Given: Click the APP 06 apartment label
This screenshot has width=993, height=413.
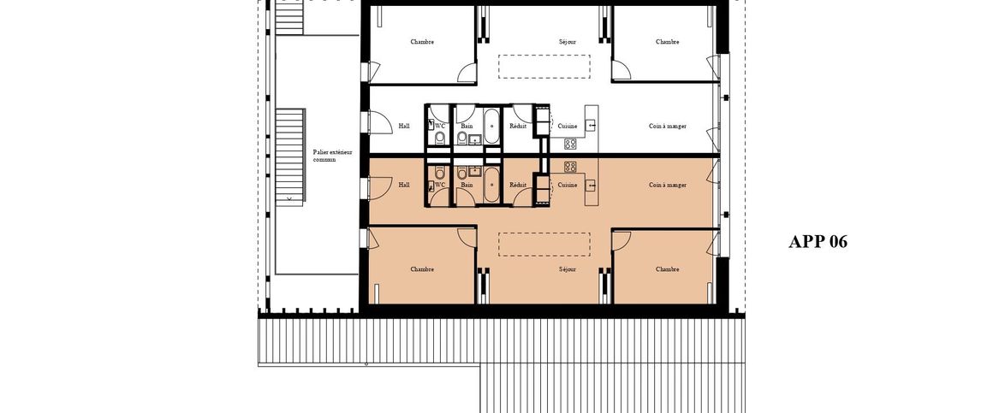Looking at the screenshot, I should click(818, 242).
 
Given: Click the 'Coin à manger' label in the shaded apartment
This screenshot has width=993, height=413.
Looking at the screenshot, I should click(668, 185).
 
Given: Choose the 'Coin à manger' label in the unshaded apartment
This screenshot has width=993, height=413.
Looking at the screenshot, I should click(668, 127).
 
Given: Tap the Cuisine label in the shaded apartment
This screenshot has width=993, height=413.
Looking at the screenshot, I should click(568, 185).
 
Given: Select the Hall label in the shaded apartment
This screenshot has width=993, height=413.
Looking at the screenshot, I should click(404, 185).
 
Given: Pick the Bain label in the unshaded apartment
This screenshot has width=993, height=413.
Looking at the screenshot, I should click(467, 127).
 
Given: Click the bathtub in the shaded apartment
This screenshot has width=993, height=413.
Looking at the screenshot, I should click(491, 183).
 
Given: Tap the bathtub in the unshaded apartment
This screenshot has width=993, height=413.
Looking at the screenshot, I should click(491, 127).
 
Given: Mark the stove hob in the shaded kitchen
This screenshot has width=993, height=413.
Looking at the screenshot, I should click(570, 166).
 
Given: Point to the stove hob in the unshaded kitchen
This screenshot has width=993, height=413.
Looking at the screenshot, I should click(570, 145).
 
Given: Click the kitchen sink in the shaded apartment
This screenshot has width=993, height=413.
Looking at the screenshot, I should click(592, 184).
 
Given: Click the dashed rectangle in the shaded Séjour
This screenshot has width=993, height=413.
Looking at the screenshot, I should click(544, 244).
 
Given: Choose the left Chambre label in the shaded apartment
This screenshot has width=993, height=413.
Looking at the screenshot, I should click(422, 269).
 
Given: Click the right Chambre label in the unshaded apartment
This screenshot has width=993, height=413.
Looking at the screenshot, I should click(668, 41).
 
